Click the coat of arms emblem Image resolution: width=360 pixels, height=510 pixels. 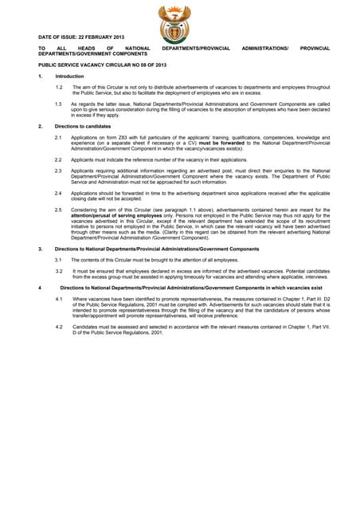(174, 23)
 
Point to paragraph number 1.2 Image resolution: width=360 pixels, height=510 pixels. (60, 86)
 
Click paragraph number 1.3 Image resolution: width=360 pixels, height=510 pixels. (60, 104)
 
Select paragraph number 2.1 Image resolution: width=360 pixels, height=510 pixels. (60, 138)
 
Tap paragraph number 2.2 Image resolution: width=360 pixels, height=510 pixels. (60, 159)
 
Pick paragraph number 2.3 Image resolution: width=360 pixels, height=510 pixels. (60, 171)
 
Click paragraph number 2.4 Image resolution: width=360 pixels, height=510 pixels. (60, 192)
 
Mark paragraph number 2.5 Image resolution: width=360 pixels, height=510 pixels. (60, 209)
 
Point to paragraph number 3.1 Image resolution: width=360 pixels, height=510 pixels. (60, 260)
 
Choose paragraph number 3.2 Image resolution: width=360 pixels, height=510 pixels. (60, 271)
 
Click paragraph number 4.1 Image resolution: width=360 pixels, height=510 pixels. (60, 298)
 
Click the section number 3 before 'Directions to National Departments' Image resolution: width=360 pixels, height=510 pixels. (41, 249)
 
